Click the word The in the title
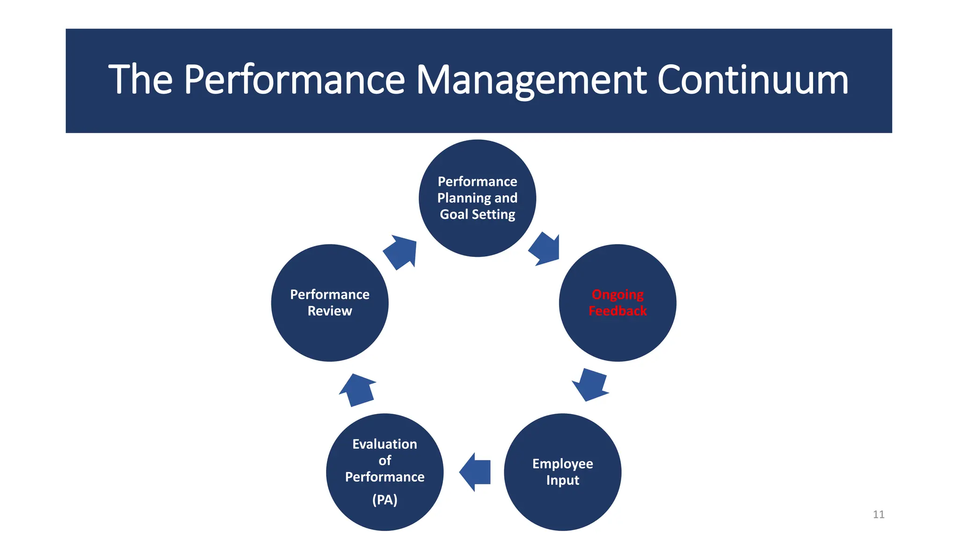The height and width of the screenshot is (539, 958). click(x=140, y=80)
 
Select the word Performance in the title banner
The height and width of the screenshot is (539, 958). click(x=294, y=80)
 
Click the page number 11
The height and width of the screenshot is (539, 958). click(x=878, y=514)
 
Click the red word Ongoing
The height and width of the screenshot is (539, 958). click(x=617, y=294)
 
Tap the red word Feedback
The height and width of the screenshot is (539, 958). click(x=617, y=311)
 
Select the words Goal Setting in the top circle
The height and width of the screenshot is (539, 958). click(x=477, y=214)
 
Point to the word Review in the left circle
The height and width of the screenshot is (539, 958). click(x=330, y=311)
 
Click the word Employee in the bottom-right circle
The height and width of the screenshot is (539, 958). click(x=562, y=464)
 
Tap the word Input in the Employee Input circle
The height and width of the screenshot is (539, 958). click(x=562, y=480)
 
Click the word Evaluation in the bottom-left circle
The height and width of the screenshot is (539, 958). click(x=385, y=444)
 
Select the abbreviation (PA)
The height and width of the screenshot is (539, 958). click(x=385, y=500)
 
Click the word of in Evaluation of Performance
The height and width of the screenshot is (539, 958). click(x=385, y=460)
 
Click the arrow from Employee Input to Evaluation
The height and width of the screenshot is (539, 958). click(x=475, y=472)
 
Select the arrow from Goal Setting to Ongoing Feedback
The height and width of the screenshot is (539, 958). click(x=545, y=249)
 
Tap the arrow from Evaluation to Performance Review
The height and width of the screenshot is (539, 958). click(x=357, y=390)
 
